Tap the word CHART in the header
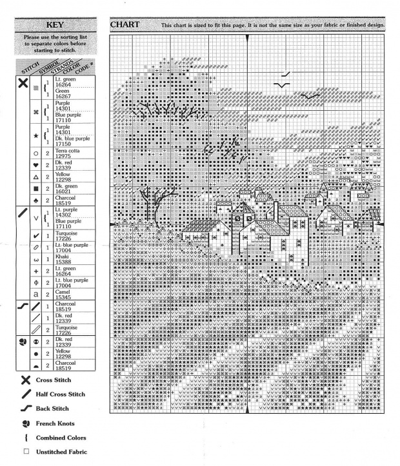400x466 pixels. [x=125, y=24]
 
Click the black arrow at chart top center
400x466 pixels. [x=247, y=39]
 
